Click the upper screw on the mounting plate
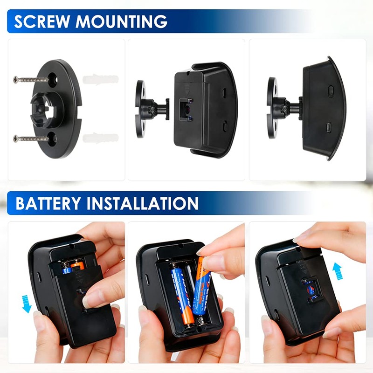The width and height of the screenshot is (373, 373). pyautogui.click(x=31, y=79)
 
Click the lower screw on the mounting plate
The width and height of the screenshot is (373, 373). pyautogui.click(x=31, y=138)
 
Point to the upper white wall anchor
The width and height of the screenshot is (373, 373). pyautogui.click(x=100, y=79)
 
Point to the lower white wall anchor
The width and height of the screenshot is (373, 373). pyautogui.click(x=100, y=138)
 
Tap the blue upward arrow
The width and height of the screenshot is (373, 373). pyautogui.click(x=337, y=270)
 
